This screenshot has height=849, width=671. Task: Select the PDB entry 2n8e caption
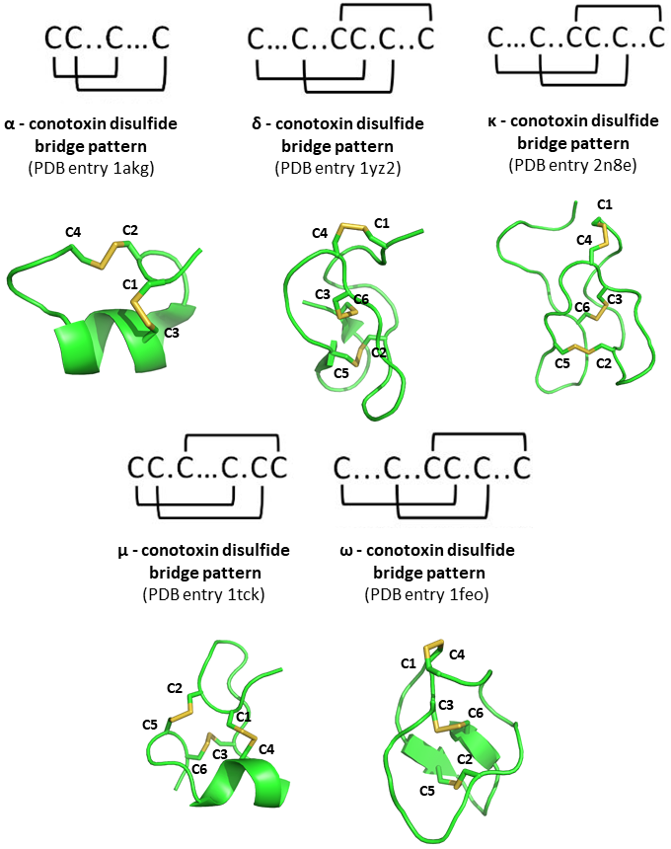pos(573,166)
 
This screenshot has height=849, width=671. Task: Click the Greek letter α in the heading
pos(10,124)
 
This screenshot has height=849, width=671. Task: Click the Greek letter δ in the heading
pos(258,124)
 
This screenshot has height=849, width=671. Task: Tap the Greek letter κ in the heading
pos(492,121)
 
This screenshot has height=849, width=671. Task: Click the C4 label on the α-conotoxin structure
pos(73,231)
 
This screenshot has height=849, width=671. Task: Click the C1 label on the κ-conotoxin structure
pos(604,203)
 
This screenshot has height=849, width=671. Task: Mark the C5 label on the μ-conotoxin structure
pos(150,725)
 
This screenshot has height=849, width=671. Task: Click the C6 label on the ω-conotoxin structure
pos(476,712)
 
